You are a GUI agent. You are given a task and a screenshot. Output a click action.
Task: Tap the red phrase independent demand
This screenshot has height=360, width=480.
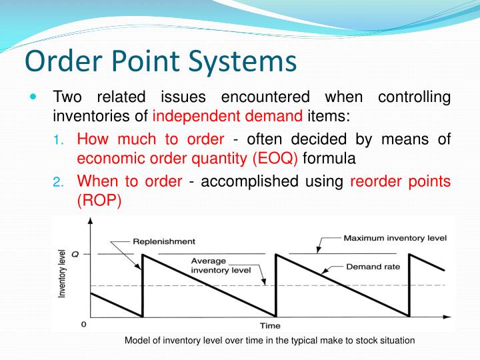[x=227, y=117]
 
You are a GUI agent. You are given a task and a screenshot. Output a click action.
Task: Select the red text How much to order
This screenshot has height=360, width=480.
[x=151, y=139]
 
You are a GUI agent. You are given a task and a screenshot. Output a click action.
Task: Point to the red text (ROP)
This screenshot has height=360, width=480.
[x=99, y=201]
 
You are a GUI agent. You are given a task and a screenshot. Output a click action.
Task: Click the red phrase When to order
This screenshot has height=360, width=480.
[x=129, y=181]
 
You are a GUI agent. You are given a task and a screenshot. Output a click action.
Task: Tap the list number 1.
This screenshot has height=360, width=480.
[x=58, y=141]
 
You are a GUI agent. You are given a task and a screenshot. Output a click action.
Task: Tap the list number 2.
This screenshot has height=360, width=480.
[x=58, y=183]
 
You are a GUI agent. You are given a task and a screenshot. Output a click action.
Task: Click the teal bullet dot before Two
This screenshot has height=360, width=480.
[x=35, y=97]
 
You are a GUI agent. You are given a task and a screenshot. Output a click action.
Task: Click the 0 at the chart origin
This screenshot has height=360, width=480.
[x=83, y=325]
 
